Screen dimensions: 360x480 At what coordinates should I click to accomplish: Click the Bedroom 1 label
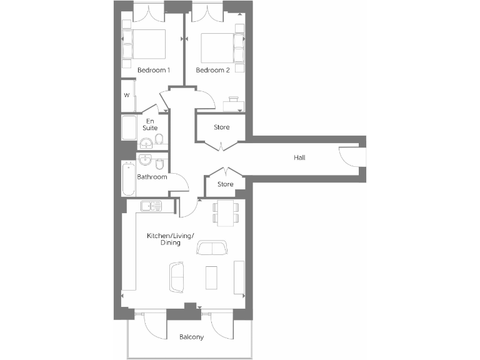tap(154, 70)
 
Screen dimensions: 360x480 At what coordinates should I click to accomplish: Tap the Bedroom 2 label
tap(213, 70)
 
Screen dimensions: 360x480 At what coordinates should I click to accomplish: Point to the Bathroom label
tap(152, 177)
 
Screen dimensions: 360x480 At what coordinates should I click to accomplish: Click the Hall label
tap(299, 157)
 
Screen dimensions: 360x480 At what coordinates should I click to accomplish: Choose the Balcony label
tap(191, 337)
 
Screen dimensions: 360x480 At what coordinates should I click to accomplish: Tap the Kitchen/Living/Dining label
tap(170, 239)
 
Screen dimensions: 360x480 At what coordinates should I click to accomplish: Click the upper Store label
tap(222, 127)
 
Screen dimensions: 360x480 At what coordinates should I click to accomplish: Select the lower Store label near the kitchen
tap(226, 184)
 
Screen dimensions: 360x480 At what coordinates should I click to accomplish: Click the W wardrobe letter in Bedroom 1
tap(126, 96)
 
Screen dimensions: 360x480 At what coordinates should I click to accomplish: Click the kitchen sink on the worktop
tap(151, 205)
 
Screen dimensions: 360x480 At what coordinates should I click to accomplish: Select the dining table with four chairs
tap(225, 212)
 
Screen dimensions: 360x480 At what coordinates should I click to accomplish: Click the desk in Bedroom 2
tap(234, 103)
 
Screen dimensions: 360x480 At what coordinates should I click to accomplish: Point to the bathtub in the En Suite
tap(129, 128)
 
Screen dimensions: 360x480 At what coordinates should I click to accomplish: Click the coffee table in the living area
tap(212, 277)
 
